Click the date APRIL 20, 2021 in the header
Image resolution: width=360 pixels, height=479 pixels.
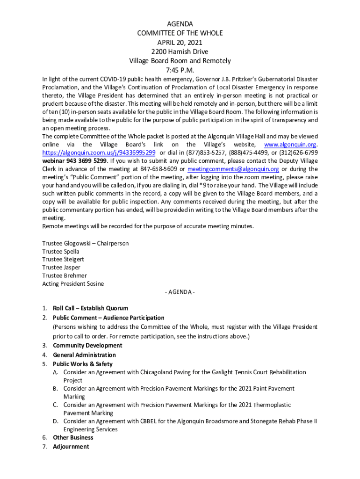click(x=180, y=42)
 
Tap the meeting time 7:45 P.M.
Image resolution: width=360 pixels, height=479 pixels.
click(x=180, y=70)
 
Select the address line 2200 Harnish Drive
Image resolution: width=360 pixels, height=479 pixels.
click(x=180, y=51)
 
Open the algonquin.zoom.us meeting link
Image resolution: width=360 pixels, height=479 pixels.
click(x=99, y=153)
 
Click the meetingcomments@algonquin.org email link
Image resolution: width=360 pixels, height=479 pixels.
click(x=233, y=169)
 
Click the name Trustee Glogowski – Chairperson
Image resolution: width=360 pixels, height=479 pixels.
click(x=85, y=243)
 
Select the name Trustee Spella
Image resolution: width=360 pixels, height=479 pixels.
click(x=61, y=252)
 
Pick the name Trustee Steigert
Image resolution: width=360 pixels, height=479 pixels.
click(x=63, y=260)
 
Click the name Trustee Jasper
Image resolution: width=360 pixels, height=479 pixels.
click(x=61, y=268)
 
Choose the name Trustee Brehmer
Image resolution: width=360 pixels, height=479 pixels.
click(x=65, y=276)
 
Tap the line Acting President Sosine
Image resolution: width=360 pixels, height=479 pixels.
click(x=73, y=283)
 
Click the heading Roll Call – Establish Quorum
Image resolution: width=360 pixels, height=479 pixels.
click(x=90, y=308)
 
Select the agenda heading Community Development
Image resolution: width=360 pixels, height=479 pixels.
click(x=87, y=345)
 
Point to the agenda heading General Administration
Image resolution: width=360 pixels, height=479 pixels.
click(x=84, y=355)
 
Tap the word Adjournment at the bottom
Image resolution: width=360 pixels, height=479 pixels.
click(x=71, y=447)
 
